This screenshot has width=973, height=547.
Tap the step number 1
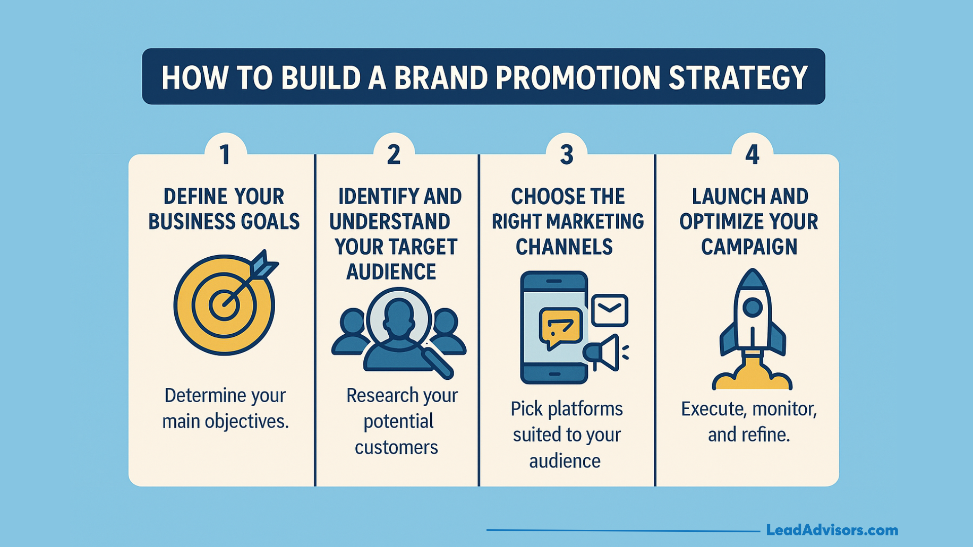(225, 154)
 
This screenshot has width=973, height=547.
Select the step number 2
(394, 154)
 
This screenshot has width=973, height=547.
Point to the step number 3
(567, 154)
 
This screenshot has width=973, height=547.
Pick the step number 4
(752, 154)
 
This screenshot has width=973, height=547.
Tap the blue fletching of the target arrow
(264, 264)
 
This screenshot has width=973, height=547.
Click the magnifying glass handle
(438, 363)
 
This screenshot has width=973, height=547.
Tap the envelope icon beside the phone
(610, 310)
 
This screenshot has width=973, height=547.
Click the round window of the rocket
(752, 307)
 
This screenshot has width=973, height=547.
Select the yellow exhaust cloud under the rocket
(752, 375)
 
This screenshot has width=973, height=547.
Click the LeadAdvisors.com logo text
(832, 530)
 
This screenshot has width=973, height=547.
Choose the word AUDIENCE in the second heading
(391, 272)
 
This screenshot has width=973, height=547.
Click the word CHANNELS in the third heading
(564, 247)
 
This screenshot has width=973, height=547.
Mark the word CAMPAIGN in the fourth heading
(749, 247)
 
